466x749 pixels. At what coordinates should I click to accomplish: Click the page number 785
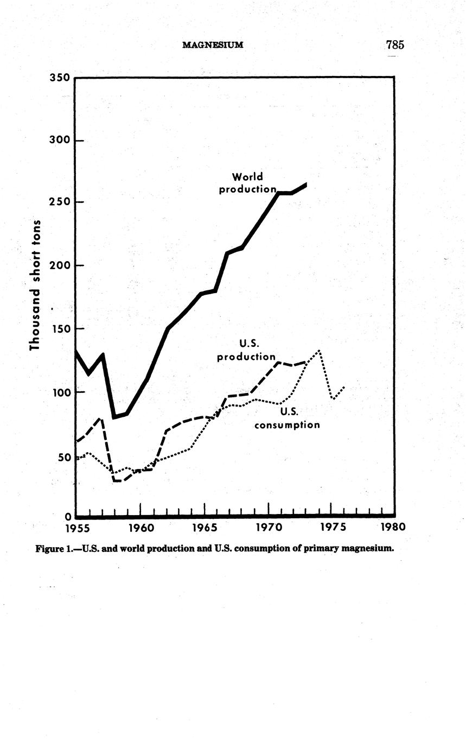(x=395, y=45)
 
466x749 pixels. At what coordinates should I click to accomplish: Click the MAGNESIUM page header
(x=212, y=45)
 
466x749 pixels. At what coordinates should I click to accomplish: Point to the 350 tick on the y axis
(x=60, y=78)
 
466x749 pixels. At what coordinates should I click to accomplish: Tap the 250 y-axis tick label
(x=60, y=202)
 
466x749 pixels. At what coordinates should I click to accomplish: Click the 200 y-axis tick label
(x=60, y=265)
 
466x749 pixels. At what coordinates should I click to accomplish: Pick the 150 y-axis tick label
(x=60, y=328)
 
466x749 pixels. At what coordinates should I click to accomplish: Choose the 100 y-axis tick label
(x=60, y=392)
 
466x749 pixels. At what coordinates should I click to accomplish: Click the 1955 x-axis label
(x=76, y=528)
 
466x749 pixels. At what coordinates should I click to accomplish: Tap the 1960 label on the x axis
(x=141, y=528)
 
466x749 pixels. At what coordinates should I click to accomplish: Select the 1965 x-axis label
(x=205, y=528)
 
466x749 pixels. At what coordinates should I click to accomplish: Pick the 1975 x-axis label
(x=331, y=528)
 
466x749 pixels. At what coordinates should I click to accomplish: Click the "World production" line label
(x=247, y=183)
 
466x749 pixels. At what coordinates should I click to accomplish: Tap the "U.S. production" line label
(x=246, y=350)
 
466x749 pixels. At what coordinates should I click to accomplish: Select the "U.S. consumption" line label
(x=287, y=418)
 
